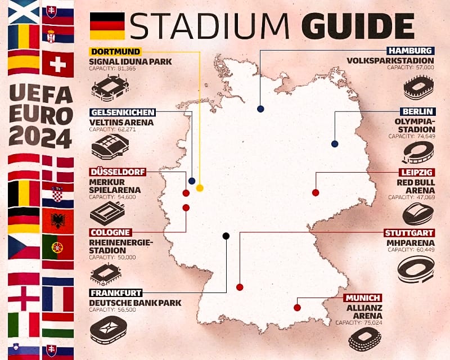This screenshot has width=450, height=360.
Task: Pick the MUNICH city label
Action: point(363,298)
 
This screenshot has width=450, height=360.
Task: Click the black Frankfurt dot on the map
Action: point(226,236)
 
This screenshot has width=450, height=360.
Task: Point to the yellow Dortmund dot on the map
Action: point(200,188)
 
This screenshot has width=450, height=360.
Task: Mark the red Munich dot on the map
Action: point(297,308)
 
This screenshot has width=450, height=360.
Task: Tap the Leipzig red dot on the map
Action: point(316,192)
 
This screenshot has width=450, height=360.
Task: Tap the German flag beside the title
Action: point(107,26)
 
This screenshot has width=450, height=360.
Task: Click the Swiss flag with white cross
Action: point(57,65)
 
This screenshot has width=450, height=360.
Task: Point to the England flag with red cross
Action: point(23,298)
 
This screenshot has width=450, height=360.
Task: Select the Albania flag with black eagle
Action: point(57,220)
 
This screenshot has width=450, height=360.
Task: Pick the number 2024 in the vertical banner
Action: point(40,137)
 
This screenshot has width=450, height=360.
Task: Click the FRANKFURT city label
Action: point(115,292)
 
